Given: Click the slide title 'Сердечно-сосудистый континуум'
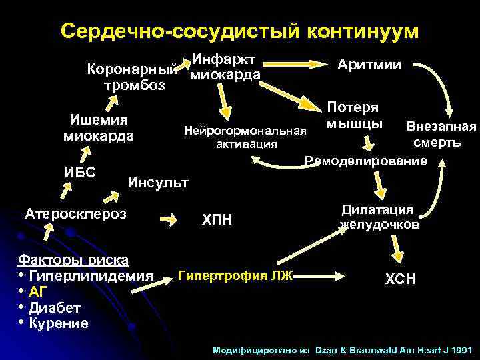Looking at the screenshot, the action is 240,31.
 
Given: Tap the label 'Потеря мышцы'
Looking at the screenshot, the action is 353,115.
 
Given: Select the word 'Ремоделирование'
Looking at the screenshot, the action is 365,161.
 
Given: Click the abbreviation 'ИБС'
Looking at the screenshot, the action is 80,171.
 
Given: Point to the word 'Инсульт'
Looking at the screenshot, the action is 158,181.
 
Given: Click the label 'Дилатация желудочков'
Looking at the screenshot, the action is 379,217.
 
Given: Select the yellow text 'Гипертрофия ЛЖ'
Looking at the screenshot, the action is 236,275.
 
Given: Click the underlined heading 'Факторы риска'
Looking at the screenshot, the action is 74,259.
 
